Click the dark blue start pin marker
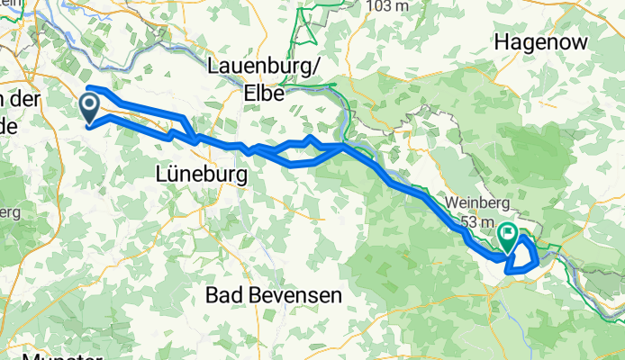click(x=91, y=108)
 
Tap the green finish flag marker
click(x=508, y=238)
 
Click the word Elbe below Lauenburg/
click(x=263, y=91)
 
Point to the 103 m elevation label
click(x=387, y=6)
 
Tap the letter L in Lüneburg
click(x=161, y=171)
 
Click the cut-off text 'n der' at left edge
click(x=20, y=101)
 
